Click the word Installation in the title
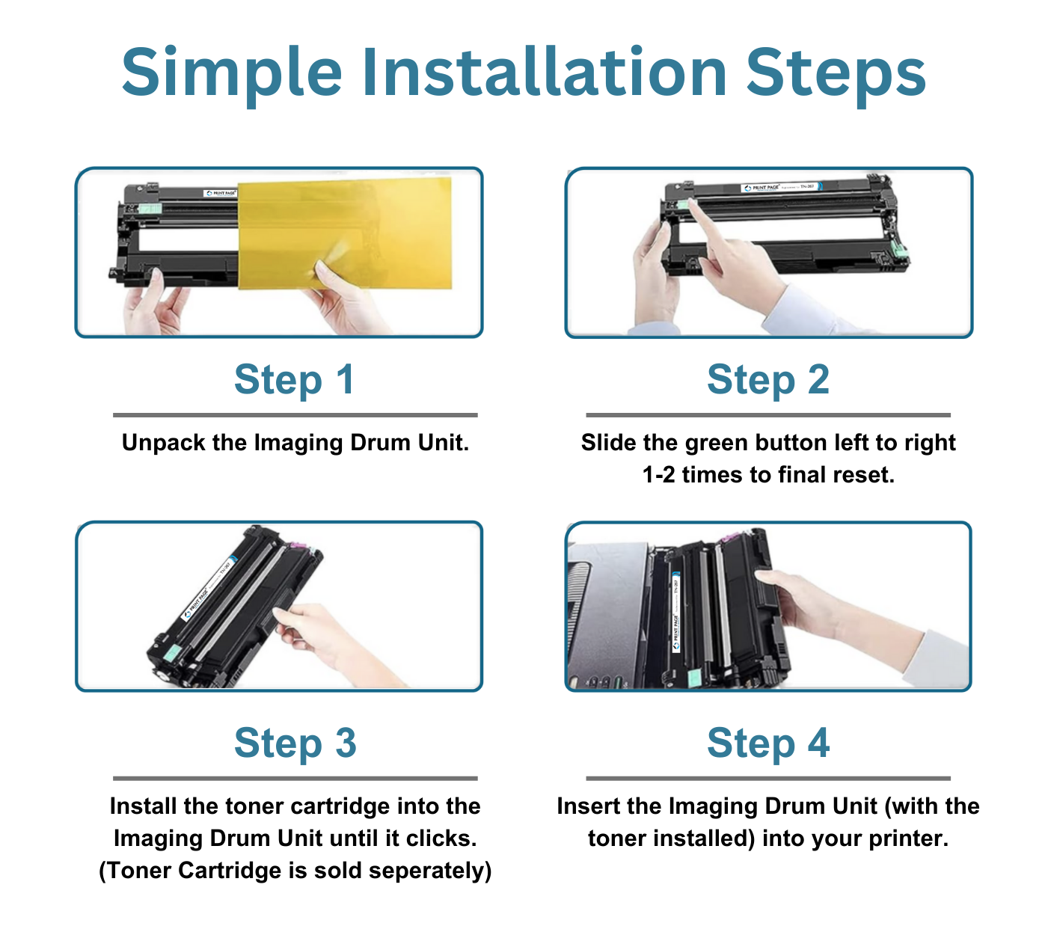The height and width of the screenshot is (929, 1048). pos(545,73)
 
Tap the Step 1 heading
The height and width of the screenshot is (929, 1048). pos(294,380)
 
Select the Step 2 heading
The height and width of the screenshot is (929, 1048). pos(768,380)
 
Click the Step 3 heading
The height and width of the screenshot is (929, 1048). pos(295,743)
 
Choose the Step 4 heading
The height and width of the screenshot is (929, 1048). pos(768,743)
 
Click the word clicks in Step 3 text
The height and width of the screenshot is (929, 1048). pos(441,838)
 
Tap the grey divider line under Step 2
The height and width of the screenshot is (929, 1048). pos(768,414)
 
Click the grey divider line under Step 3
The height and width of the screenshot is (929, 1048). pos(295,778)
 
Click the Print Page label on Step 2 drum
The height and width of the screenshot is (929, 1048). pos(763,188)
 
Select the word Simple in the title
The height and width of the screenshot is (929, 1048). pos(232,73)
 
